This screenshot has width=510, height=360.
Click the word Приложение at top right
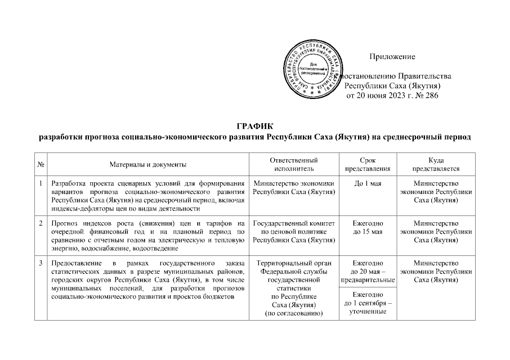point(392,57)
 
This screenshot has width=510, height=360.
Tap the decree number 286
point(430,96)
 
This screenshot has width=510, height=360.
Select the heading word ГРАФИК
point(254,126)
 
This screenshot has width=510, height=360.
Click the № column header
point(41,164)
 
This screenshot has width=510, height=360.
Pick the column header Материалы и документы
point(148,164)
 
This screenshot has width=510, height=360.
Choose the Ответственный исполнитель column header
point(293,164)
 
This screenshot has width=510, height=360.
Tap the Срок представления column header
point(367,164)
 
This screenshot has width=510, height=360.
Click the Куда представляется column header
point(436,164)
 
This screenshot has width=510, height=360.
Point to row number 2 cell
point(41,224)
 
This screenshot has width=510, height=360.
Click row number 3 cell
point(41,263)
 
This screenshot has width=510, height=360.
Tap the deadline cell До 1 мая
point(367,184)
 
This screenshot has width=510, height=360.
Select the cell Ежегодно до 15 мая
point(367,228)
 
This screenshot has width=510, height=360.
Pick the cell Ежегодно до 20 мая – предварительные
point(367,271)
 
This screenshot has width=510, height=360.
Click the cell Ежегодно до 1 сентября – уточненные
point(367,303)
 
